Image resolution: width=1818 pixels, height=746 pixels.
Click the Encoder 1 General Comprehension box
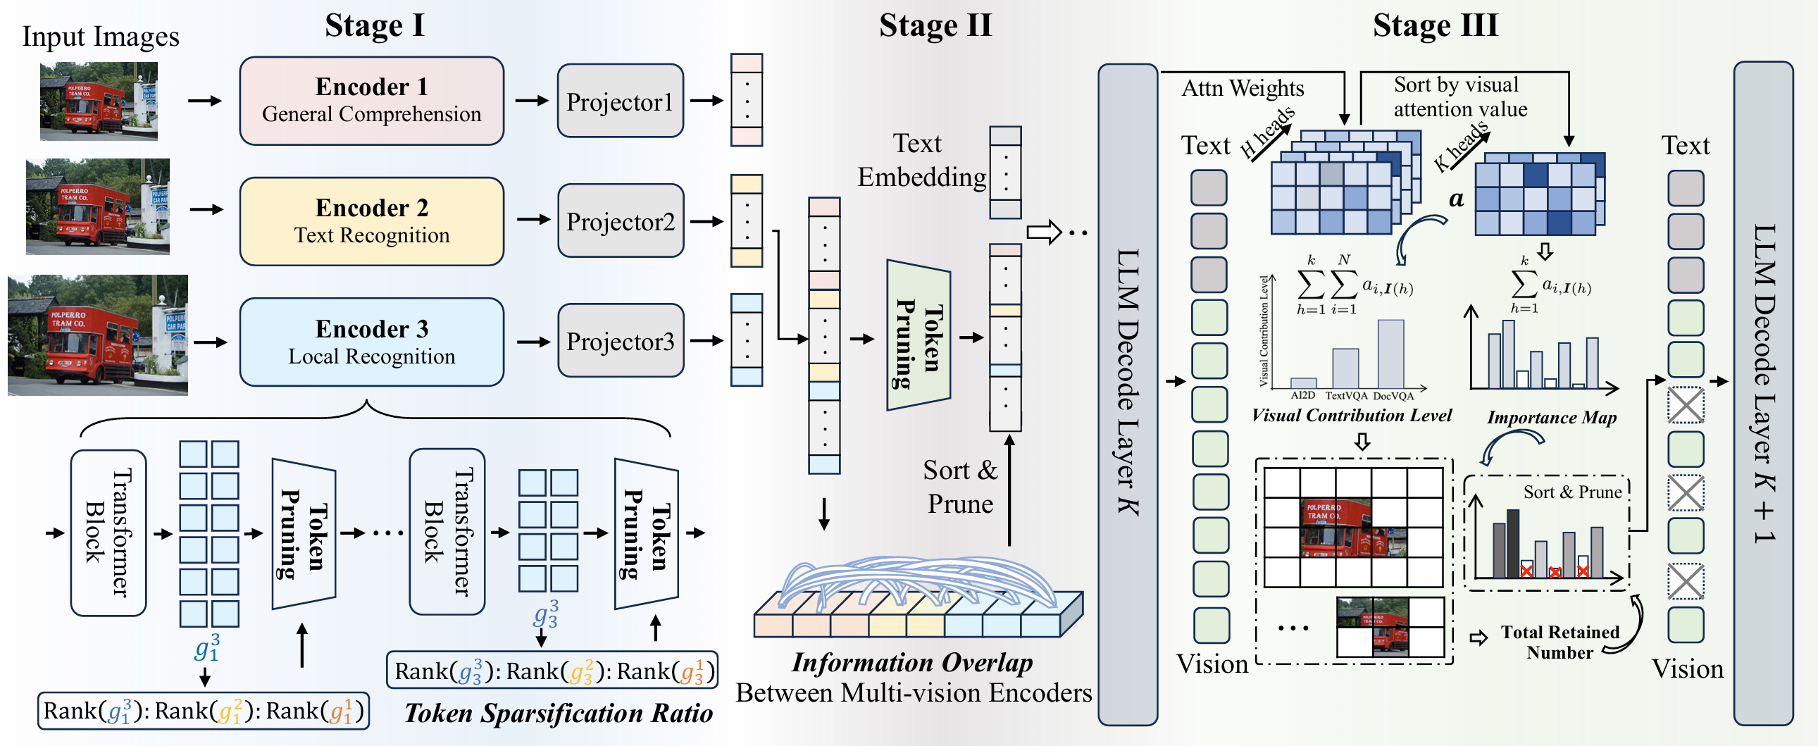pos(371,101)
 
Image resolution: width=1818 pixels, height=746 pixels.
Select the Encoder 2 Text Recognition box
pos(371,221)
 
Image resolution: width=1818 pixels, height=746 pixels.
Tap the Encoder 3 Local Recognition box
pos(371,342)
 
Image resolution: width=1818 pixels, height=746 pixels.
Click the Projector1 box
pos(620,101)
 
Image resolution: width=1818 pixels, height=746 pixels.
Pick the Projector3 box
pos(621,341)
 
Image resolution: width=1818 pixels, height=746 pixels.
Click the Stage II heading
pos(935,25)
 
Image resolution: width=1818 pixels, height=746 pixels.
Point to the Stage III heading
pos(1435,25)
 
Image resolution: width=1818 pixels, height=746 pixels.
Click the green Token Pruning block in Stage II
pos(919,335)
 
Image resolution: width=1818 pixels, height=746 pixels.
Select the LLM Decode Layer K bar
pos(1127,394)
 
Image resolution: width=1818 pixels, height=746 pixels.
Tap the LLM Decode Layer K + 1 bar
pos(1763,394)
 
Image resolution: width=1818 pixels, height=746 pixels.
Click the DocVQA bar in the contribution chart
pos(1390,354)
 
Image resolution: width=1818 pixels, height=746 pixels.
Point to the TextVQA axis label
pos(1346,396)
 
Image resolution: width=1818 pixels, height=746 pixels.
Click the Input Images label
pos(101,37)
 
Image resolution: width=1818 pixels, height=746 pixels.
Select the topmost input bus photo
pos(99,101)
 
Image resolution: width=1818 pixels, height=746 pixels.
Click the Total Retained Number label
pos(1559,642)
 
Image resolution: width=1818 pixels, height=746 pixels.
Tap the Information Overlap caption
pos(912,662)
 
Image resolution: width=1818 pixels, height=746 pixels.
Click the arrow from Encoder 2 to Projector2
pos(533,220)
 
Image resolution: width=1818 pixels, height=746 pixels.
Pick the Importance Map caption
pos(1551,418)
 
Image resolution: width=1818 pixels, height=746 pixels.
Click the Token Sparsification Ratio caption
pos(559,713)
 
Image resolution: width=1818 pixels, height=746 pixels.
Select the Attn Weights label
pos(1243,88)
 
